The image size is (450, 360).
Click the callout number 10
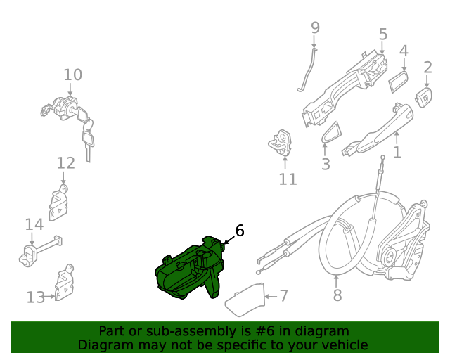[72, 75]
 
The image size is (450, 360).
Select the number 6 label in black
[239, 231]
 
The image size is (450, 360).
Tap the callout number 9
[315, 28]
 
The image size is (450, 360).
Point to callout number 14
[34, 224]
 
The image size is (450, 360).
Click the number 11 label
[288, 179]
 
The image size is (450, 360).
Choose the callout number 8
[337, 295]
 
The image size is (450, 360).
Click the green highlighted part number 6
[188, 271]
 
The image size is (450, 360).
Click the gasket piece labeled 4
[399, 81]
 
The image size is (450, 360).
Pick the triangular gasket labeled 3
[329, 134]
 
